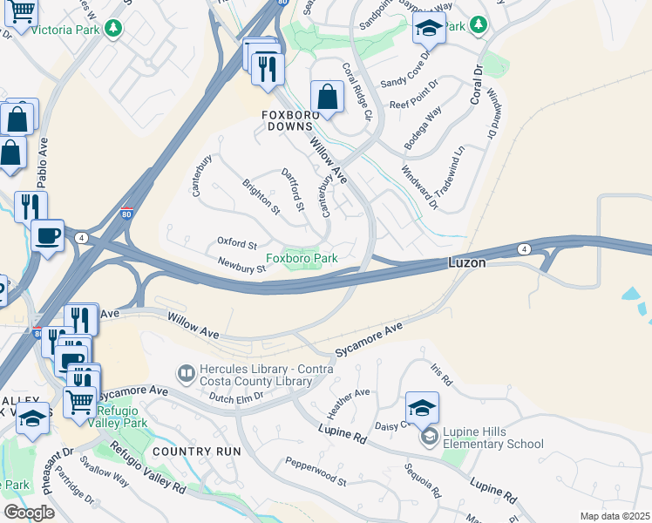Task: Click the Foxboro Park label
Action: pyautogui.click(x=302, y=258)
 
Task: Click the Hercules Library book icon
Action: pyautogui.click(x=186, y=374)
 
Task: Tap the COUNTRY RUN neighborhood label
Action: pyautogui.click(x=196, y=452)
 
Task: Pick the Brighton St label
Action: pyautogui.click(x=261, y=197)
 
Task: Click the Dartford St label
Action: pyautogui.click(x=293, y=190)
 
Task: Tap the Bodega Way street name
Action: pyautogui.click(x=423, y=127)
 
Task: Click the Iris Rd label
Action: pyautogui.click(x=442, y=375)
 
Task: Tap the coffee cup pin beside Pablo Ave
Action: pyautogui.click(x=47, y=234)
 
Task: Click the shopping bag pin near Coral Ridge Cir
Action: pyautogui.click(x=327, y=98)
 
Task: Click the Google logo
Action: pyautogui.click(x=29, y=513)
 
